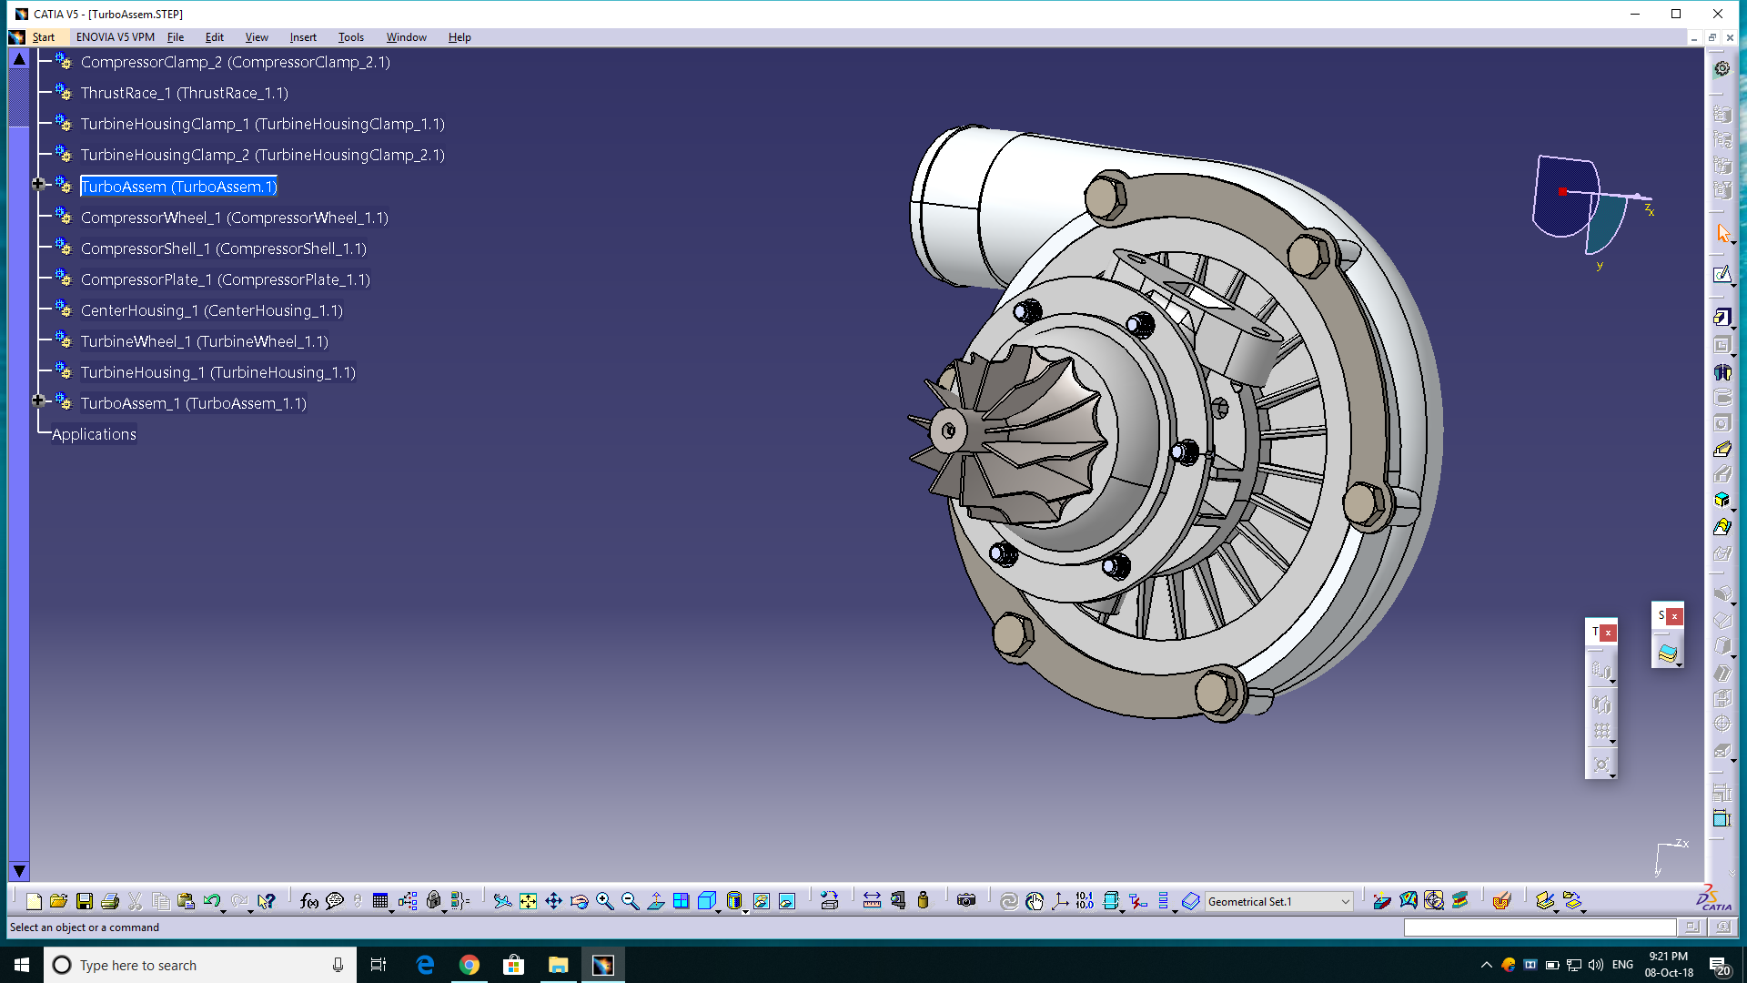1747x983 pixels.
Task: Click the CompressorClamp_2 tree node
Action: [x=235, y=62]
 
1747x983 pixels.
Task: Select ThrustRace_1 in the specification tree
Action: [x=184, y=93]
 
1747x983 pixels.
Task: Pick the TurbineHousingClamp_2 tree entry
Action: [x=262, y=155]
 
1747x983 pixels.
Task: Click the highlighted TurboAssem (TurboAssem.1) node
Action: [x=178, y=187]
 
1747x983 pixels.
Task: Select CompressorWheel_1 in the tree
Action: [x=234, y=218]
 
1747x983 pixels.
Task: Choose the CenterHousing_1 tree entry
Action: [x=211, y=310]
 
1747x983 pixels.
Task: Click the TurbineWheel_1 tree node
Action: [x=204, y=341]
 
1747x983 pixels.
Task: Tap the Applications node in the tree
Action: [x=94, y=434]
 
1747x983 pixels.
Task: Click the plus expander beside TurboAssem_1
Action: [x=38, y=400]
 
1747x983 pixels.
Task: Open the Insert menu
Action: [x=303, y=37]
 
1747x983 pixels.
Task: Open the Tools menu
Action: [x=350, y=37]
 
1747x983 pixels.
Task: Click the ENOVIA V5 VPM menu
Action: [x=115, y=37]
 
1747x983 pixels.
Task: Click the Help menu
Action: [x=459, y=37]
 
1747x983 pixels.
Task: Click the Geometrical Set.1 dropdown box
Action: [x=1277, y=901]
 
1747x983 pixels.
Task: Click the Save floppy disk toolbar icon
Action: [x=84, y=901]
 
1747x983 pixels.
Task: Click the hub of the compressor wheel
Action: [x=949, y=431]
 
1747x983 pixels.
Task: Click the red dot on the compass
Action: [x=1562, y=192]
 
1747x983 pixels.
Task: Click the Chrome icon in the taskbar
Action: [x=469, y=965]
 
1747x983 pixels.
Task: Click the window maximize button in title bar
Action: [x=1676, y=14]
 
